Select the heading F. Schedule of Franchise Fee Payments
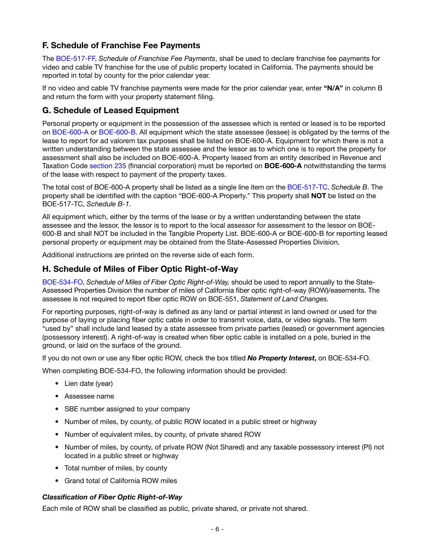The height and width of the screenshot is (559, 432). pos(121,45)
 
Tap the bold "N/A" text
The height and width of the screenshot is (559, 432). pos(333,88)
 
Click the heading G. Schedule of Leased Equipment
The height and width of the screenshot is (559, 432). pos(111,110)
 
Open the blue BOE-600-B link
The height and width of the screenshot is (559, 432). pos(117,132)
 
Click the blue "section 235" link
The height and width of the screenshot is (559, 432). pos(108,166)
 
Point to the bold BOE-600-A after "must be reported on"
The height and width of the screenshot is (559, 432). pos(283,166)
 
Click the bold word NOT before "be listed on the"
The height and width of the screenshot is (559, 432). pos(318,196)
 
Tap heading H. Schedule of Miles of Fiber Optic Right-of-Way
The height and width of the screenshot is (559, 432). pos(140,269)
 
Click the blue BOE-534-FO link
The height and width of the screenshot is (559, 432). pos(62,282)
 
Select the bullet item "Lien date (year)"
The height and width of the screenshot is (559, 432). pos(89,384)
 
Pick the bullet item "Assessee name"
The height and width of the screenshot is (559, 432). pos(89,396)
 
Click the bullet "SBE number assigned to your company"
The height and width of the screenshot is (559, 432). pos(127,409)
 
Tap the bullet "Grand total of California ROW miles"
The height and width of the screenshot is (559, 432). pos(121,481)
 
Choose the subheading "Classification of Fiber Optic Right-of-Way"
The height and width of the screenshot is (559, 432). pos(112,497)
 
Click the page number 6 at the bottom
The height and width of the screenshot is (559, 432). pos(217,529)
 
